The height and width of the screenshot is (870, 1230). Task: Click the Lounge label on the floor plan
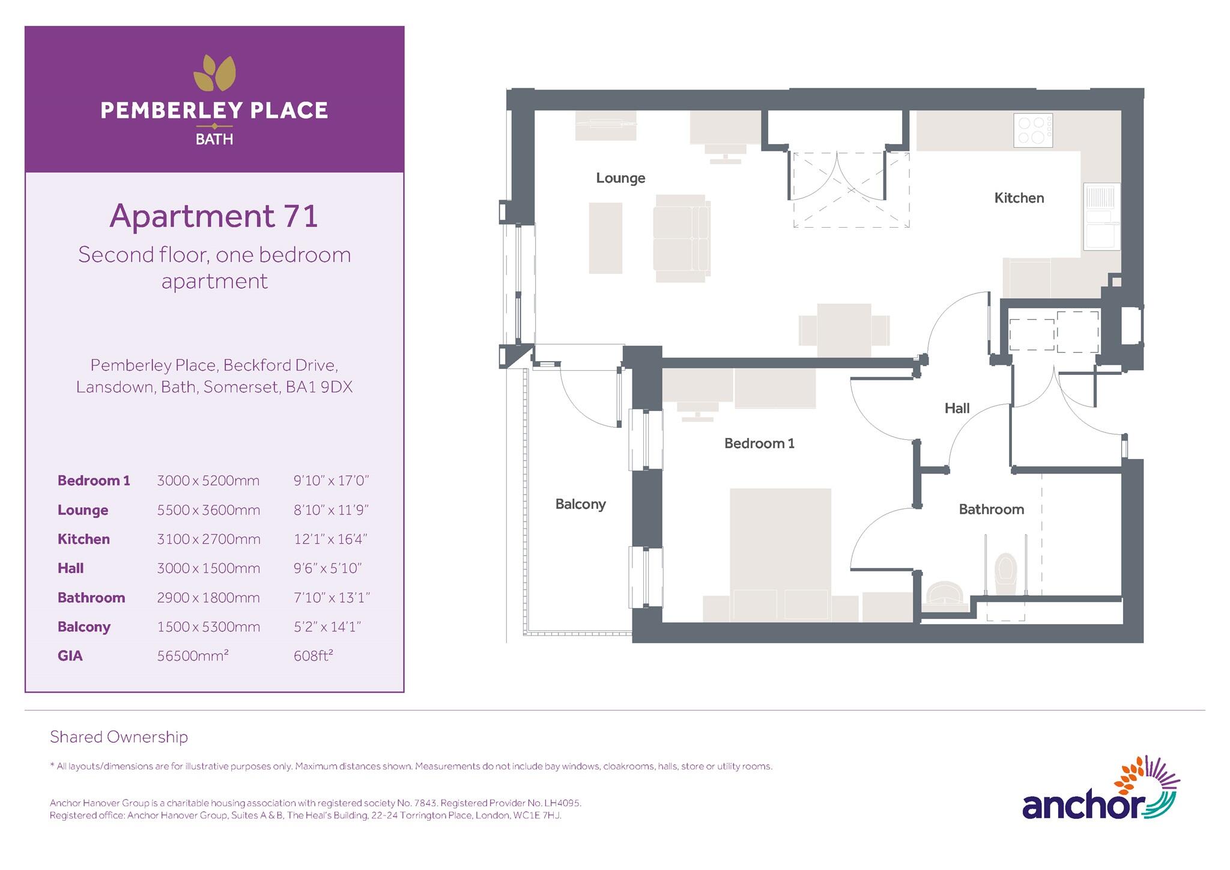coord(620,178)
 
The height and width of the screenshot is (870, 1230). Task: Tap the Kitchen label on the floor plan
coord(1019,198)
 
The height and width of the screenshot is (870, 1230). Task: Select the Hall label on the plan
coord(957,409)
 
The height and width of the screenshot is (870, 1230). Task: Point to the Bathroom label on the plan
coord(991,510)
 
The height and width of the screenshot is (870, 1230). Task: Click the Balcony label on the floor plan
coord(580,504)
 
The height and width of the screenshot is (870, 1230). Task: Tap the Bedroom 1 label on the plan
coord(759,443)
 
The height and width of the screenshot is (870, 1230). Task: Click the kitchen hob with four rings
coord(1032,130)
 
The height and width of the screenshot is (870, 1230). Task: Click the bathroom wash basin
coord(945,592)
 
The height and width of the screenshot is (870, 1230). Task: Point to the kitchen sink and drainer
coord(1101,216)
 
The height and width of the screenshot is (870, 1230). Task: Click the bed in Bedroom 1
coord(780,553)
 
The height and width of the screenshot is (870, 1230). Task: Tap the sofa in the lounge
coord(681,238)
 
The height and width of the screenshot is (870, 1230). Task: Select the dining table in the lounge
coord(844,330)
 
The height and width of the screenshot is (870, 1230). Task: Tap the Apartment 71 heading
coord(214,216)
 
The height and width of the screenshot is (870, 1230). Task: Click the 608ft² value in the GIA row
coord(314,656)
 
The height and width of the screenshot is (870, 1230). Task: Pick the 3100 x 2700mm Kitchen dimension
coord(208,539)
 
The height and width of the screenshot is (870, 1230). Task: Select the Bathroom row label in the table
coord(91,598)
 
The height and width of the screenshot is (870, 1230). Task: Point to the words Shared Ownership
coord(119,737)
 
